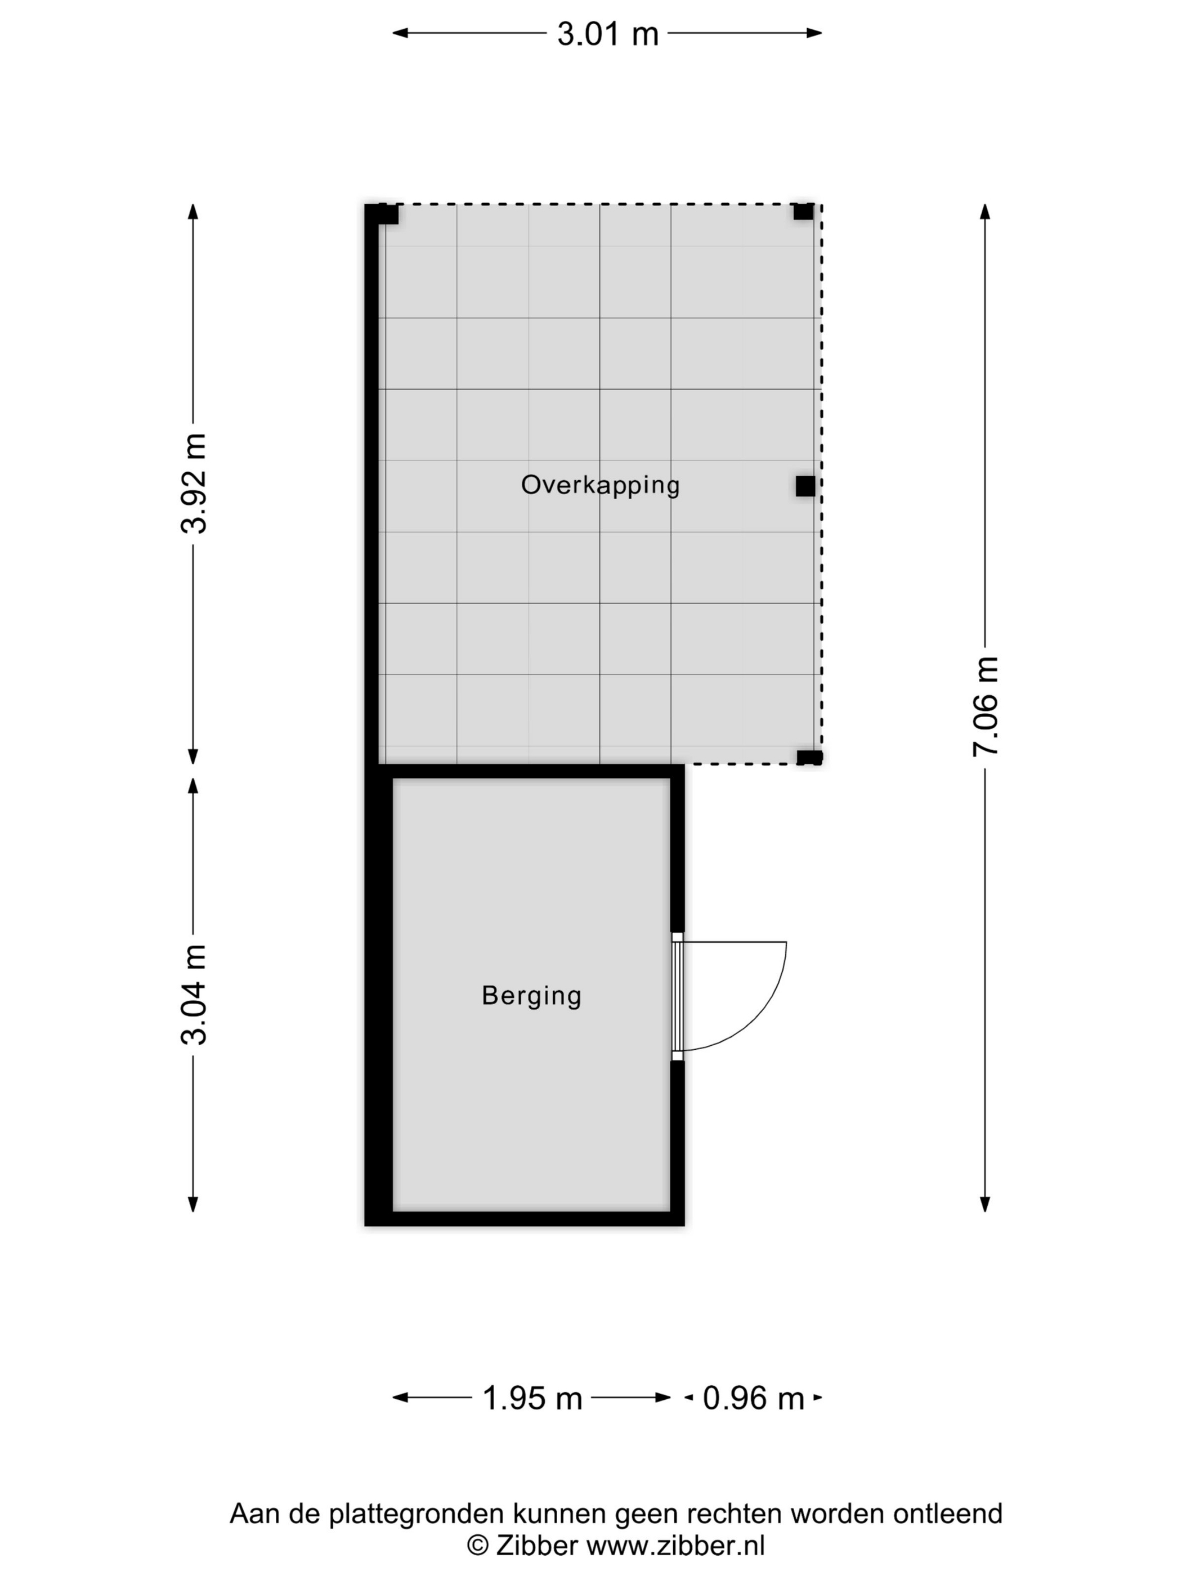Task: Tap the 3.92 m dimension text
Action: click(x=194, y=483)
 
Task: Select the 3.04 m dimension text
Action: click(x=194, y=995)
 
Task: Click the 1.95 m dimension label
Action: click(x=532, y=1398)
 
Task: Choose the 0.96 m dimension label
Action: click(x=753, y=1398)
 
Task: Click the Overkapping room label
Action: click(x=600, y=485)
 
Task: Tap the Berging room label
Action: click(x=531, y=995)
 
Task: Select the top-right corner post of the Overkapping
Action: click(x=803, y=212)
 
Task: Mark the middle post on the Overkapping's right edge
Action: click(x=805, y=486)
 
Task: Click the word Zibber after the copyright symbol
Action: click(x=536, y=1546)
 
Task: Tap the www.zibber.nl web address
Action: click(x=675, y=1546)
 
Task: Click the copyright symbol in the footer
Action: click(x=477, y=1546)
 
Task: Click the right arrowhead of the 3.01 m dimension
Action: click(x=814, y=33)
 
